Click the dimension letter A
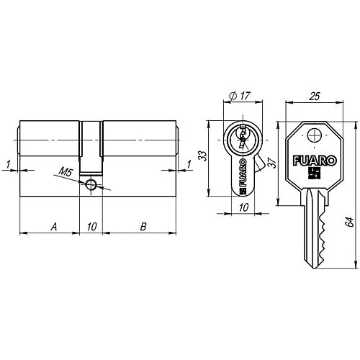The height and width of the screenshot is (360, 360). pos(54,227)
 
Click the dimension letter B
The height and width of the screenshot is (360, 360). pos(143,227)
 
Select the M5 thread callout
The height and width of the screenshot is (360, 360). pos(66,172)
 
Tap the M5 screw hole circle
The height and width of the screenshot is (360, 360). pos(91,184)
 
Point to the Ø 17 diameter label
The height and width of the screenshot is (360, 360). pos(240,96)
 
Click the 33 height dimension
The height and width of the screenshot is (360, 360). pos(202,156)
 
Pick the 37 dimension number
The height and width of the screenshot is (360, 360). pos(272,162)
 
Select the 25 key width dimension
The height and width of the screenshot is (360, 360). pos(315,96)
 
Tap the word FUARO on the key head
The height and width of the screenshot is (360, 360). pos(315,161)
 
